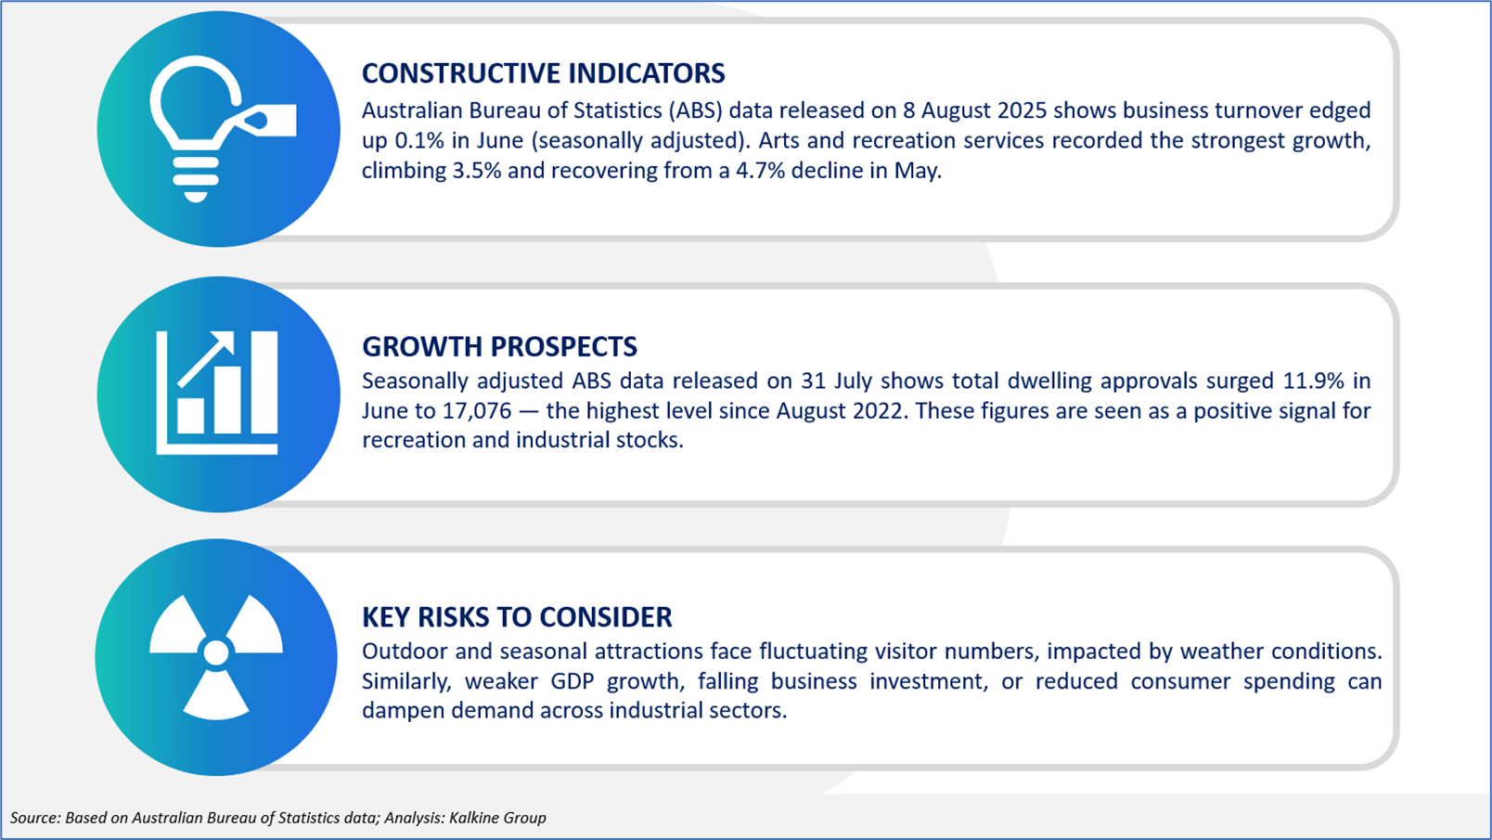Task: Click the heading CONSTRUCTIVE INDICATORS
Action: pos(543,73)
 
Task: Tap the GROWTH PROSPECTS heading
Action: pos(499,346)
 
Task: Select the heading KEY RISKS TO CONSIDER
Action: pos(517,617)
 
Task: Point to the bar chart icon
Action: pos(217,393)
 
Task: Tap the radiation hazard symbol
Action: pos(216,657)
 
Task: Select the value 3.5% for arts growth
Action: pos(476,171)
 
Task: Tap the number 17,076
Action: pos(477,411)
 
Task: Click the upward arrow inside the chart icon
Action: pos(206,359)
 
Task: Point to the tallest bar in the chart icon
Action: pos(264,382)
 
